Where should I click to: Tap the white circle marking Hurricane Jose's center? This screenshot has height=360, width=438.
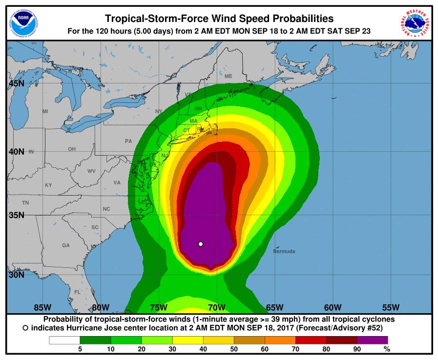[200, 244]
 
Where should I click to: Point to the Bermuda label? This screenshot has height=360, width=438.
[284, 252]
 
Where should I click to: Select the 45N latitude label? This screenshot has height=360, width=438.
[16, 83]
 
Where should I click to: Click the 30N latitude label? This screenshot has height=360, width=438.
[16, 275]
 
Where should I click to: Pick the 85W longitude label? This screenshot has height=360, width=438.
[43, 307]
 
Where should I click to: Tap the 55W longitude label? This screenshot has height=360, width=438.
[391, 307]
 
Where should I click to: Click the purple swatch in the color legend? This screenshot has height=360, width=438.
[373, 340]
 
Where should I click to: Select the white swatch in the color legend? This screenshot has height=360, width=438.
[64, 340]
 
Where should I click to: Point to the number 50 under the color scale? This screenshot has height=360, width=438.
[234, 349]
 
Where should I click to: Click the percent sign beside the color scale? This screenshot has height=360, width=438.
[387, 349]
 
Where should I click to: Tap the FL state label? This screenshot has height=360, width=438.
[77, 292]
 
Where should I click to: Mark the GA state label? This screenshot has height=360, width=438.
[65, 245]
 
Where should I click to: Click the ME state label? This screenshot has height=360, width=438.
[228, 76]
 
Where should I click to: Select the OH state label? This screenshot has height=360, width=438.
[72, 149]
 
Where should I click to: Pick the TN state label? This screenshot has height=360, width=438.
[25, 202]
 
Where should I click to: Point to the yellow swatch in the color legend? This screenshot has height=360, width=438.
[188, 340]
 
